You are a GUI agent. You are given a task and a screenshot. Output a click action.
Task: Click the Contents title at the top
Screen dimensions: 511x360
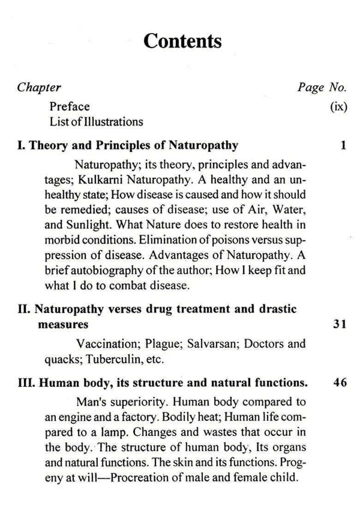182,41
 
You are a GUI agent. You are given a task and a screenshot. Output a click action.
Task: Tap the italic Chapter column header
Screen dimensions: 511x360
39,87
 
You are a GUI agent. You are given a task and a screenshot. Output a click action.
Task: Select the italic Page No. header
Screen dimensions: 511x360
322,87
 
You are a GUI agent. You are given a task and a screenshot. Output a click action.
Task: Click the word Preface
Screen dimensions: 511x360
70,107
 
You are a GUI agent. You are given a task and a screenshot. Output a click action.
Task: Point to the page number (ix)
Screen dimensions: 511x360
338,107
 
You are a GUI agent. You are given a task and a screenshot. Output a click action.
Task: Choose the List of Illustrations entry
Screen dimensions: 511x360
96,122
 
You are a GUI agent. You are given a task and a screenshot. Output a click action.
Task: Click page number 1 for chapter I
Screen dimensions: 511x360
343,146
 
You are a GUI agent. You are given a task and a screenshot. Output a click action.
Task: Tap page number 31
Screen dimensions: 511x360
340,324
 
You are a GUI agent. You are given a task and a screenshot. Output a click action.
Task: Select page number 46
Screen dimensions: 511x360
340,383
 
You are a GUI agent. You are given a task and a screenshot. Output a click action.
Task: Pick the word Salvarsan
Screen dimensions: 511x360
211,344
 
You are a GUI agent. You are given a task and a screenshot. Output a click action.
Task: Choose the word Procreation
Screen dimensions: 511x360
141,477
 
